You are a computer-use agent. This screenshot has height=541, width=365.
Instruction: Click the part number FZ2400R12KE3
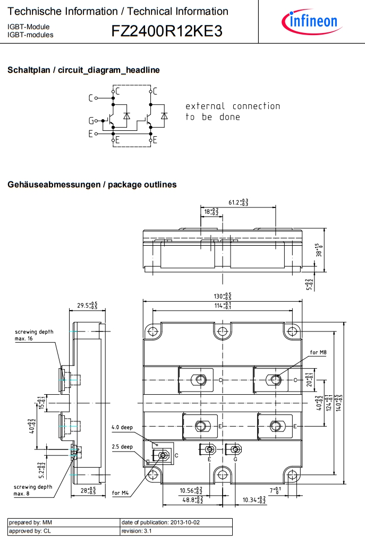pyautogui.click(x=166, y=31)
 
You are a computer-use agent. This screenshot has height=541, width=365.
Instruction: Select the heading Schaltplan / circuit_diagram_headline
pyautogui.click(x=83, y=70)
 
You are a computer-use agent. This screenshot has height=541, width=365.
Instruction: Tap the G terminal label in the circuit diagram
pyautogui.click(x=91, y=121)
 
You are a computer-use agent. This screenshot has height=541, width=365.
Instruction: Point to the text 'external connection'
pyautogui.click(x=232, y=106)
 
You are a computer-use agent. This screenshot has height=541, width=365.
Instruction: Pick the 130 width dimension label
pyautogui.click(x=222, y=296)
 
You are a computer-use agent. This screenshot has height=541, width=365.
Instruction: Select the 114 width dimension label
pyautogui.click(x=222, y=306)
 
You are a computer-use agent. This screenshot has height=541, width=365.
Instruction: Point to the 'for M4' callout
pyautogui.click(x=121, y=493)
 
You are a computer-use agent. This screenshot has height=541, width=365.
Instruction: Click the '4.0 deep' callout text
pyautogui.click(x=122, y=427)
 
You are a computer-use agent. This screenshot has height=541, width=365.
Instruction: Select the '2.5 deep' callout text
pyautogui.click(x=122, y=447)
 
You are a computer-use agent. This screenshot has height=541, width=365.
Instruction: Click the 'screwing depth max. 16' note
pyautogui.click(x=34, y=335)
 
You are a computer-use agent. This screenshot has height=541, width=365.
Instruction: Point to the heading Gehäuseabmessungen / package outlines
pyautogui.click(x=92, y=185)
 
